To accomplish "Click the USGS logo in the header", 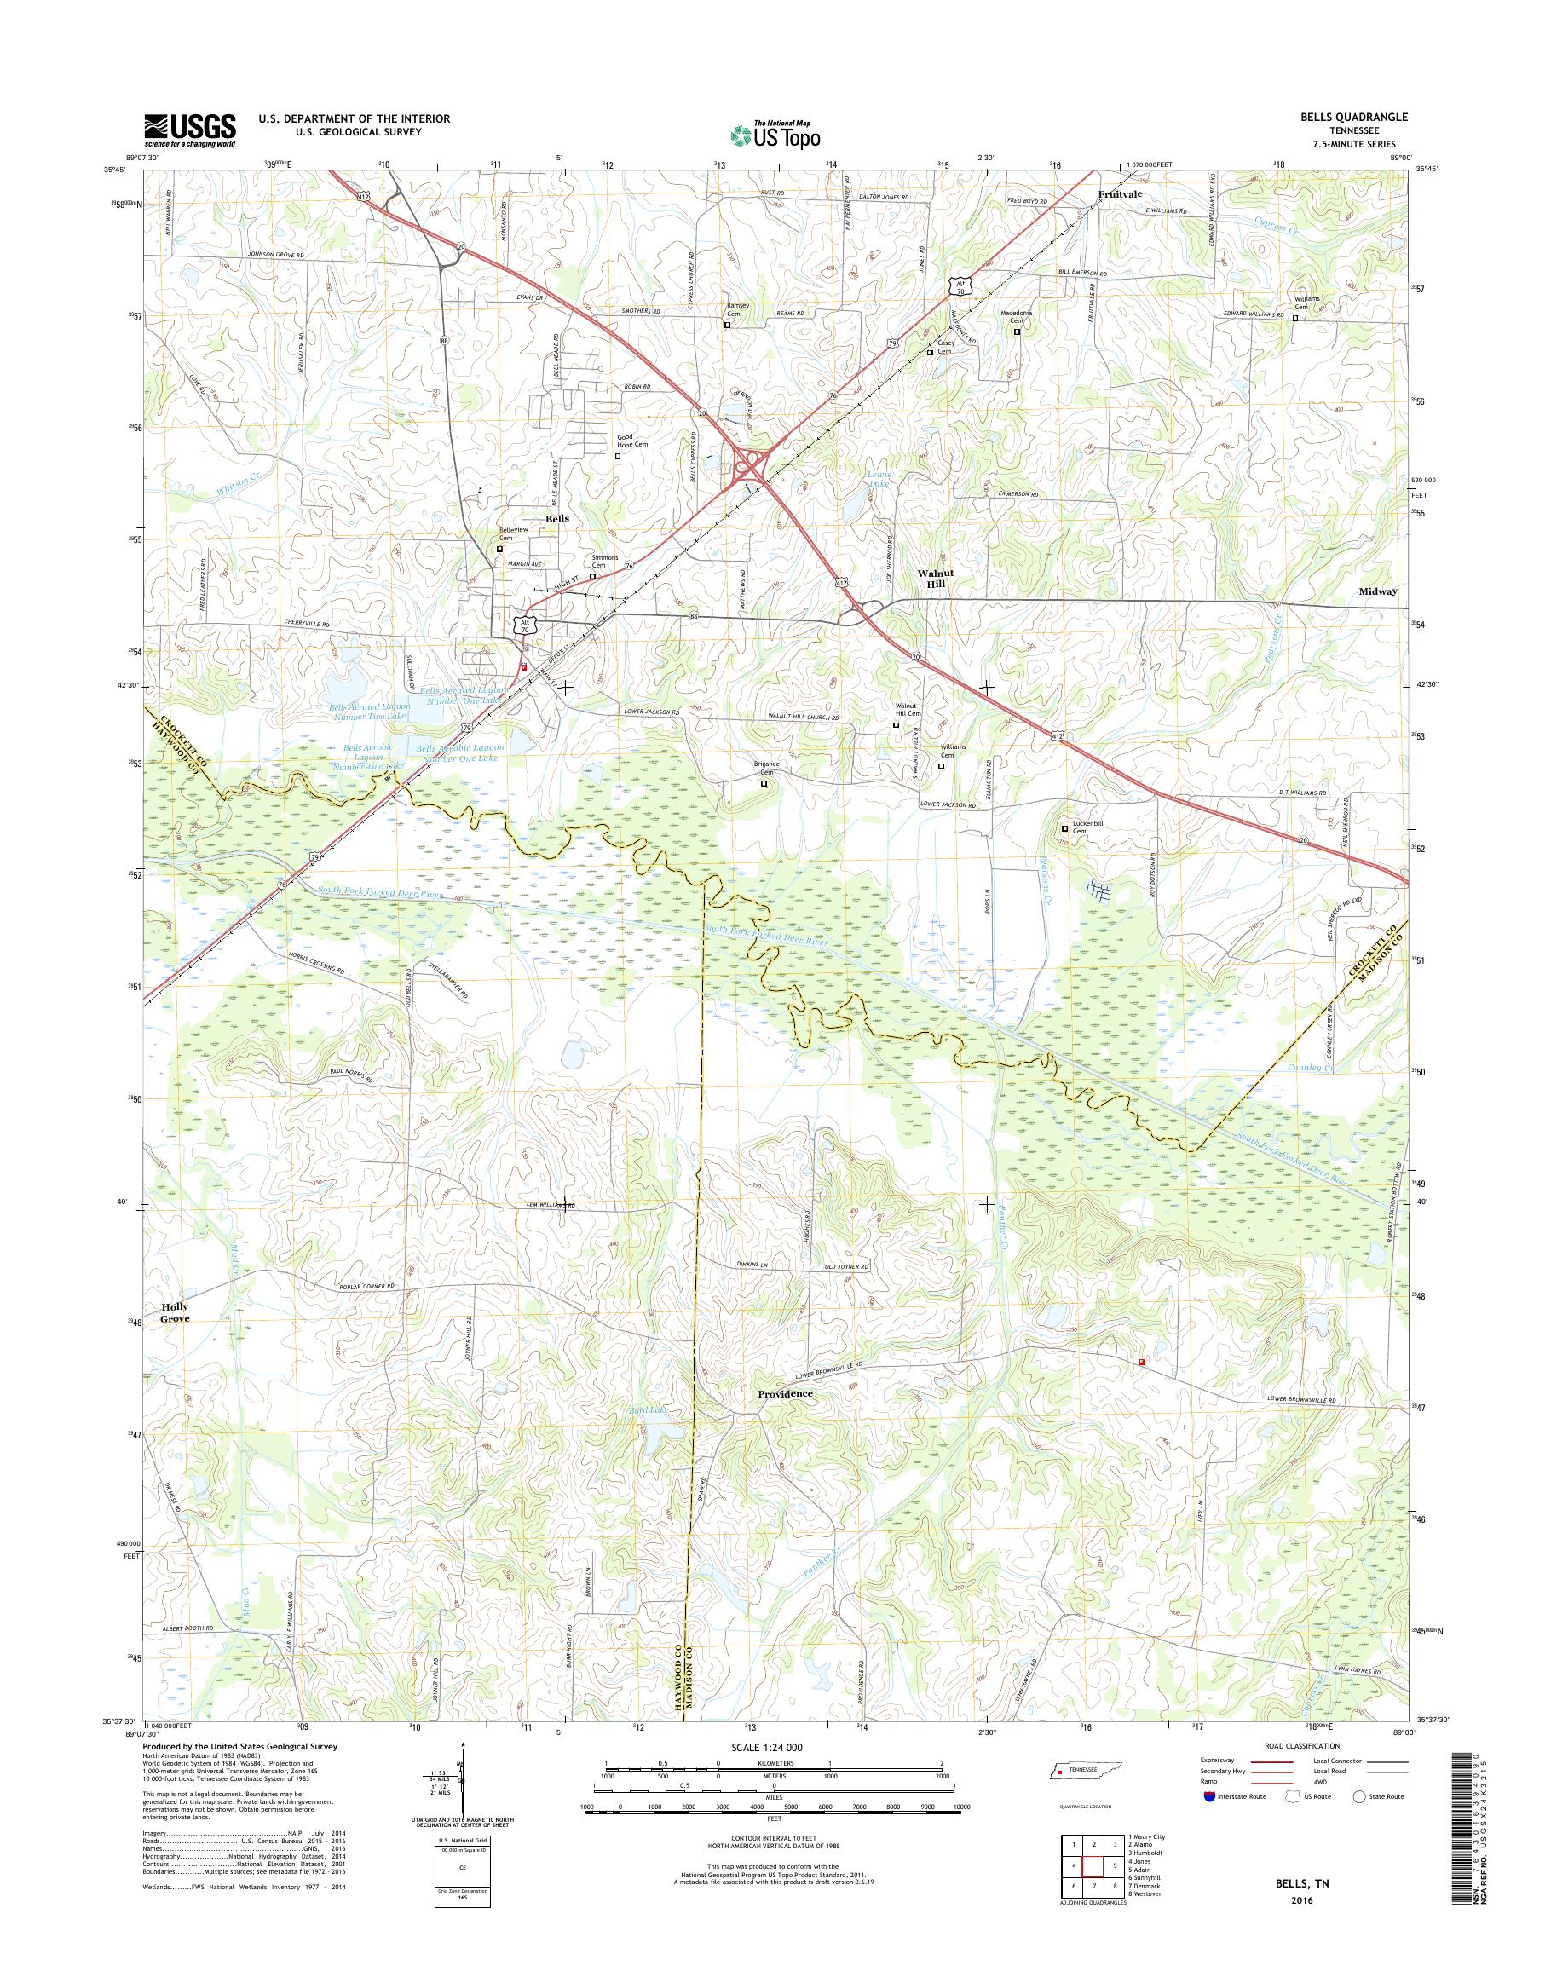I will click(189, 130).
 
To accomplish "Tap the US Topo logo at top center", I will click(775, 135).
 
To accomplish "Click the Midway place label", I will click(1377, 591).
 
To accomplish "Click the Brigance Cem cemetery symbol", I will click(764, 783).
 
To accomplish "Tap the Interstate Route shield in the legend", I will click(1208, 1796).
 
